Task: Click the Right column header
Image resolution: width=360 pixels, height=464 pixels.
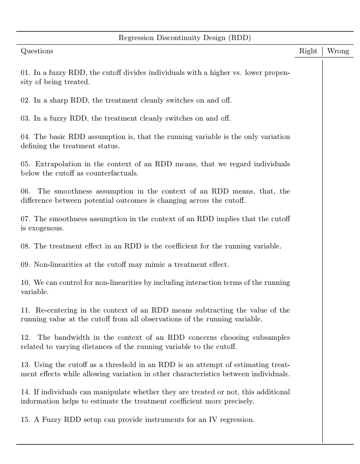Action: point(308,51)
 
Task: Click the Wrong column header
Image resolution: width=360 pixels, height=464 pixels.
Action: point(338,51)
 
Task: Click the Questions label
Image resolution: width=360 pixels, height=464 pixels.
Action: point(36,51)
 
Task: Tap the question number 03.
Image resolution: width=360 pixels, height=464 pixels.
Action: point(24,119)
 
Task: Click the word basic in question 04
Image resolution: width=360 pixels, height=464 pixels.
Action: point(58,137)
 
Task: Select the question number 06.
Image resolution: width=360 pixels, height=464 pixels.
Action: point(24,192)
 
